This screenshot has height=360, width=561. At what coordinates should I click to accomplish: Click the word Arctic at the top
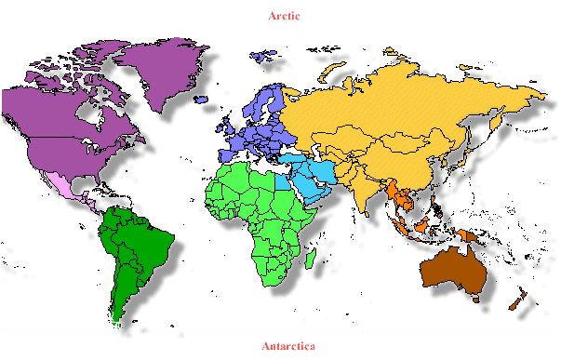click(x=284, y=15)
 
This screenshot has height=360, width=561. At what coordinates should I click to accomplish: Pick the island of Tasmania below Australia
click(x=475, y=299)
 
